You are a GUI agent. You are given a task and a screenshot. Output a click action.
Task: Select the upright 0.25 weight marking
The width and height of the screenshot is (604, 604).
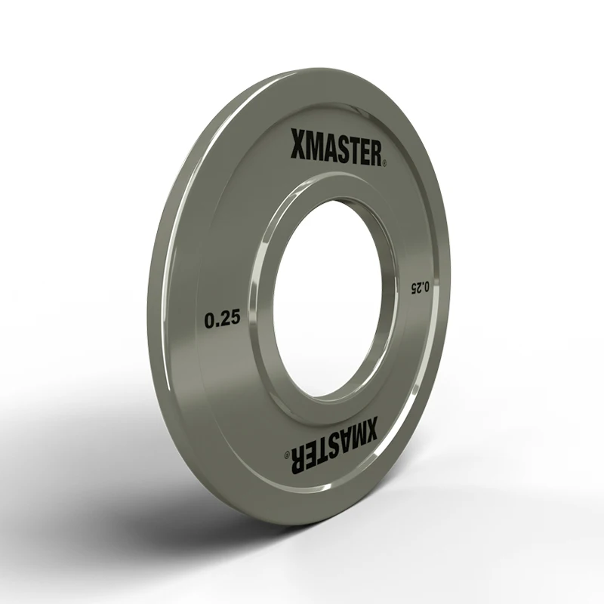(x=222, y=319)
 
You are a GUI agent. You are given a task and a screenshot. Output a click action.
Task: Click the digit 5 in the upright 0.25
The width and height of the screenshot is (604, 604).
(x=235, y=319)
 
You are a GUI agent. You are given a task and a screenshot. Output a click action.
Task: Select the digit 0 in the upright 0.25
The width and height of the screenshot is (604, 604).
(x=210, y=319)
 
